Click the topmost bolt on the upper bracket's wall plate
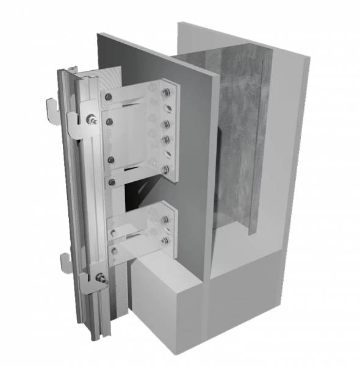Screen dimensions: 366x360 [x=165, y=93]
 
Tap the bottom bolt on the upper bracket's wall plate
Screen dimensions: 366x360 [x=165, y=168]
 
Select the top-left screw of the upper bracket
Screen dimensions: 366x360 [x=108, y=96]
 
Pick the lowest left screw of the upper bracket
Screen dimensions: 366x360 [x=111, y=181]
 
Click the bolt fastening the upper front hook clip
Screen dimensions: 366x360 [x=91, y=119]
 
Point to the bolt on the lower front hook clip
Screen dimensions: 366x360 [x=101, y=280]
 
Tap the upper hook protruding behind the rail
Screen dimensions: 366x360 [x=54, y=106]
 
